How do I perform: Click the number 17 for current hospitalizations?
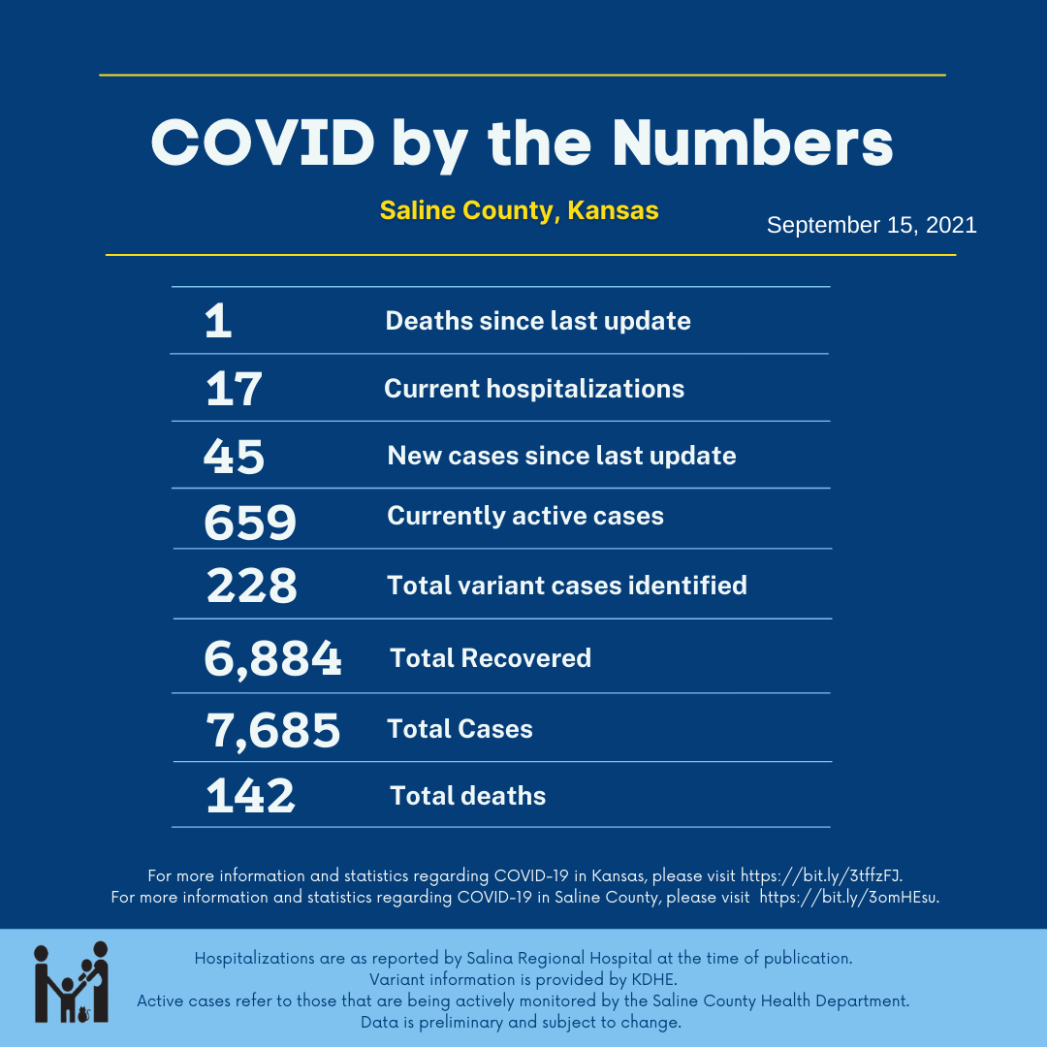[x=234, y=390]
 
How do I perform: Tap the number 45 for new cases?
[x=234, y=457]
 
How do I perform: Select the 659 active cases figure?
[x=250, y=523]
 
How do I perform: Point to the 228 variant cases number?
[x=251, y=587]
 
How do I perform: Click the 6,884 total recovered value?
[x=272, y=659]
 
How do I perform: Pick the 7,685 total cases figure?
[x=272, y=730]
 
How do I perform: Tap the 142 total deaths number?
[x=250, y=796]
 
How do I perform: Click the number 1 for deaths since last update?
[x=219, y=322]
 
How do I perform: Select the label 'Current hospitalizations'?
[x=534, y=389]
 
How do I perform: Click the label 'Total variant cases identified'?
[x=567, y=586]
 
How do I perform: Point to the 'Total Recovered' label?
[x=491, y=658]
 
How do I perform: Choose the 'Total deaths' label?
[x=468, y=796]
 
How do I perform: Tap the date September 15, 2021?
[x=872, y=226]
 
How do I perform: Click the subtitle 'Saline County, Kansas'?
[x=520, y=210]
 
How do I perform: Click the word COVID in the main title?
[x=263, y=144]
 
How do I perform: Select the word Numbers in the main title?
[x=752, y=144]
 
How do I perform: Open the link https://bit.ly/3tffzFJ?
[x=821, y=875]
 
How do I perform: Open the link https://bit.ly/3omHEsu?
[x=848, y=897]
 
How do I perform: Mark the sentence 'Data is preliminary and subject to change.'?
[x=522, y=1022]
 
